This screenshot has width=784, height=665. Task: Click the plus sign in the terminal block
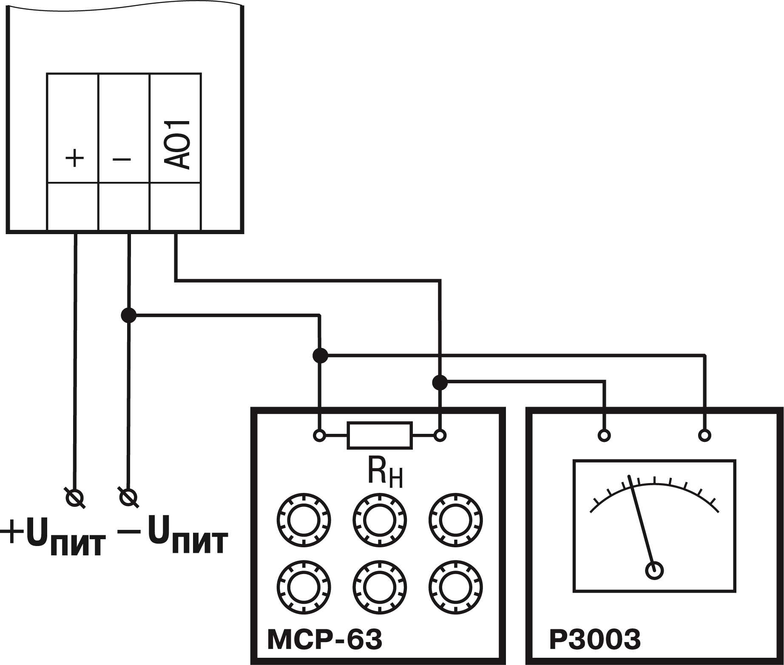click(x=75, y=159)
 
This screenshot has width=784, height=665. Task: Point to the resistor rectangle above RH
click(x=380, y=435)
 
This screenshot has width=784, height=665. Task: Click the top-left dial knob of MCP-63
click(x=304, y=520)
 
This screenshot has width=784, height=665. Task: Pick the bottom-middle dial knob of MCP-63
click(x=379, y=588)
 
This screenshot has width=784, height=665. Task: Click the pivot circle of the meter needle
click(x=654, y=571)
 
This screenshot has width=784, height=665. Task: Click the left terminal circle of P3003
click(x=604, y=435)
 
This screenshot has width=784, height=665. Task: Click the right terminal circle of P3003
click(x=704, y=435)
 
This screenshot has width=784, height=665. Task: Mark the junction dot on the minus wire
click(x=128, y=315)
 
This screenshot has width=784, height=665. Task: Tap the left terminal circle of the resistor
click(x=319, y=435)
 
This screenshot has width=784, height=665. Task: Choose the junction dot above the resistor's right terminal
click(x=440, y=382)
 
